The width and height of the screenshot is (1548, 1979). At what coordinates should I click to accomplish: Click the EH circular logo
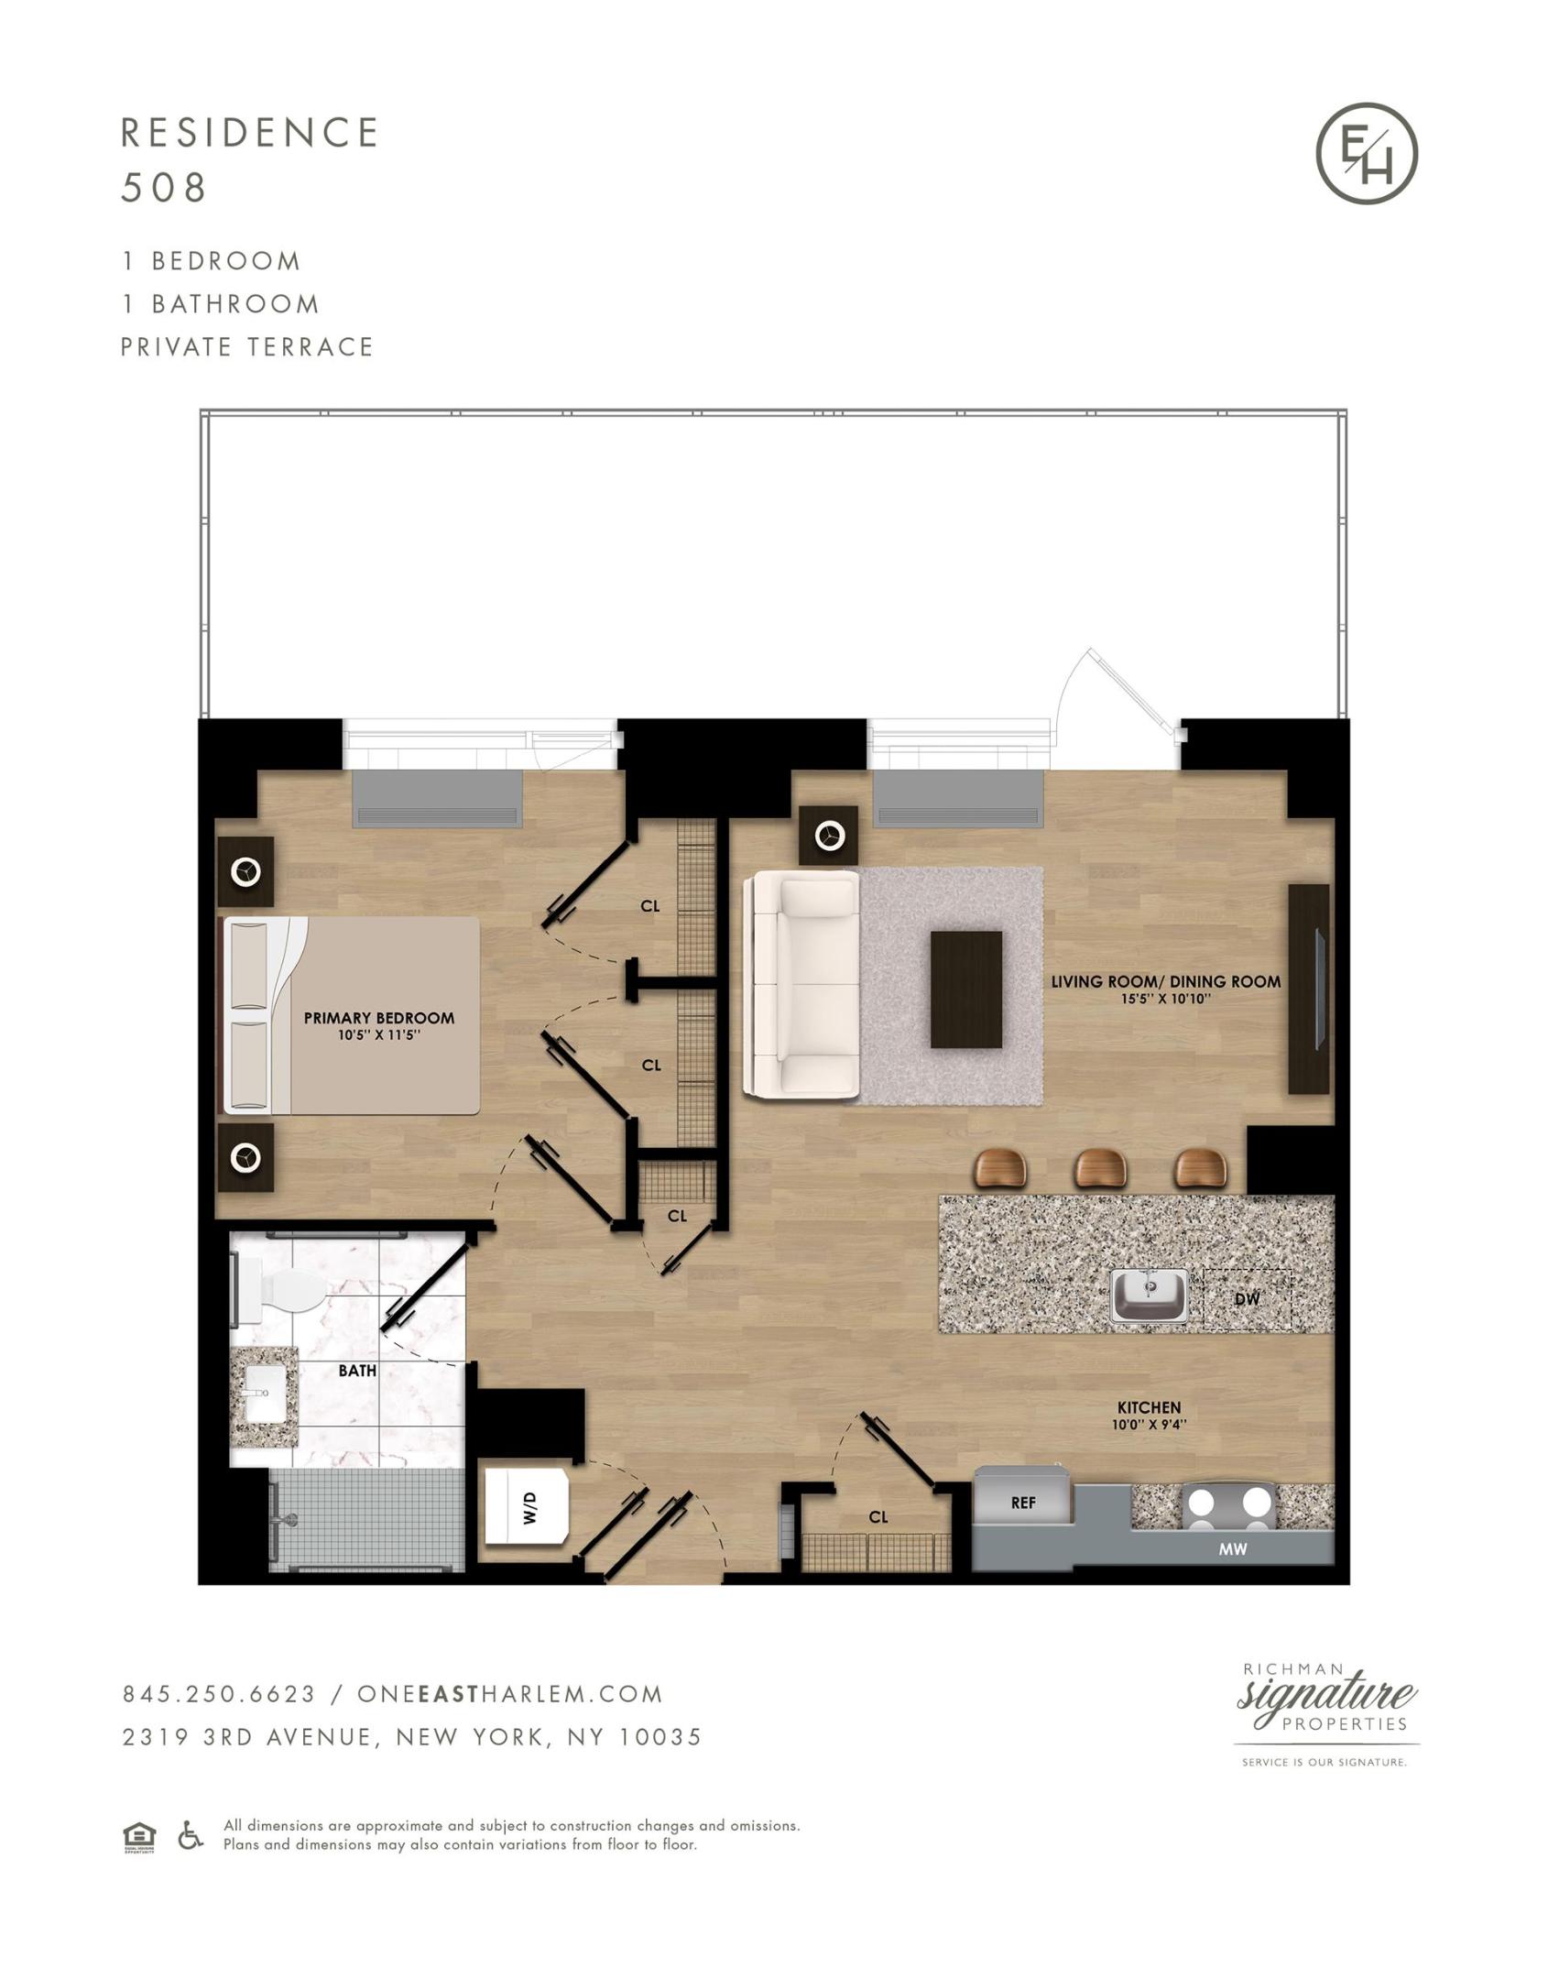1367,153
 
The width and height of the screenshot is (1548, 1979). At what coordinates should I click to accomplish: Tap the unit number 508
165,188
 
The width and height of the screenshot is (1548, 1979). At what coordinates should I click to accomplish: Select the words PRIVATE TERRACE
247,347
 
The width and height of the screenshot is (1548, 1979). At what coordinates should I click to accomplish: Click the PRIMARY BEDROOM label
379,1017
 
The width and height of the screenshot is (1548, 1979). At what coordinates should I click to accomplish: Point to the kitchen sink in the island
1150,1295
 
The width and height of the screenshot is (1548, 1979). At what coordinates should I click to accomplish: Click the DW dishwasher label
1248,1298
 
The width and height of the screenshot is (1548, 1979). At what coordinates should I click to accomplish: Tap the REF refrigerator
1022,1495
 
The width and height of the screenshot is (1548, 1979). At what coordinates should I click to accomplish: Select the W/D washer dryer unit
527,1506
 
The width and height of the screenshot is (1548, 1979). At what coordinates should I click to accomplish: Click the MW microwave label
1233,1549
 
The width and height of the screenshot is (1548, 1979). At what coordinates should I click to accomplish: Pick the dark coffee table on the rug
966,989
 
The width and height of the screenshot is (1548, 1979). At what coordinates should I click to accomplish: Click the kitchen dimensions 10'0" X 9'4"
1150,1425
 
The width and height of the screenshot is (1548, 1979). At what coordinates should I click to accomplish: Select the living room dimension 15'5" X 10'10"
1166,999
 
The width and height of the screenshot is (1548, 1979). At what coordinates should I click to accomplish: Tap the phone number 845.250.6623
220,1694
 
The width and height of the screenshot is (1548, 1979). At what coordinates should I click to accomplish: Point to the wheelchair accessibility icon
191,1835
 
